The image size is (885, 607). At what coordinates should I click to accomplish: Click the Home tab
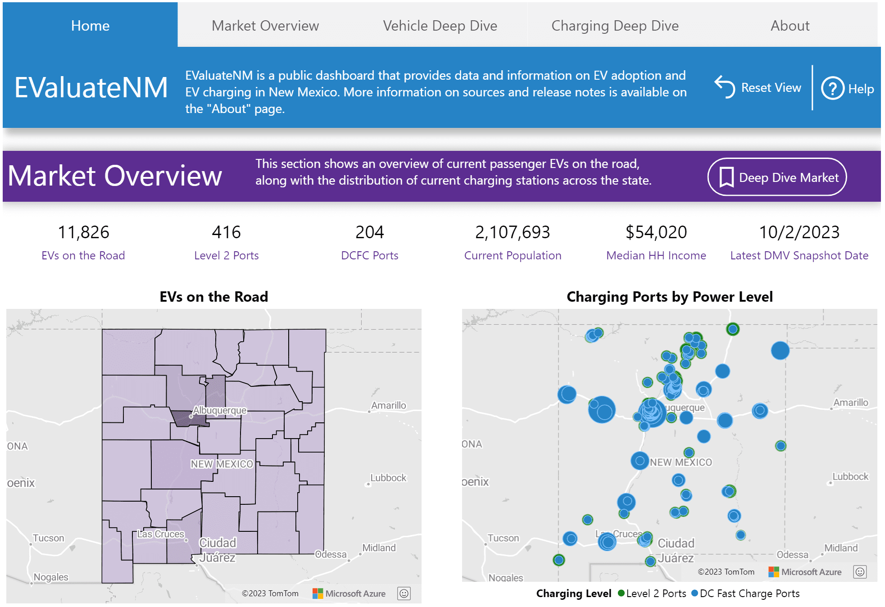(x=90, y=26)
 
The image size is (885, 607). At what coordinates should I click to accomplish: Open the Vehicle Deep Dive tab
(x=440, y=26)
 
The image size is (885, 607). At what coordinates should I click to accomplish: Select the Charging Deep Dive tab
(x=615, y=26)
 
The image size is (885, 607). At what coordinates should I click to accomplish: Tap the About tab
(x=790, y=26)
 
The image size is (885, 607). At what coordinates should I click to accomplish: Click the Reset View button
(x=758, y=87)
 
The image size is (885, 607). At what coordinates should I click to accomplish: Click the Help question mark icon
(x=832, y=88)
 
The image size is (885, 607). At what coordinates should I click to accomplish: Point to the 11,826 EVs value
(x=83, y=232)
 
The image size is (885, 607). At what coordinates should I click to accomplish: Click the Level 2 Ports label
(x=226, y=255)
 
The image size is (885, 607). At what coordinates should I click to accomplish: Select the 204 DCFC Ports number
(x=369, y=232)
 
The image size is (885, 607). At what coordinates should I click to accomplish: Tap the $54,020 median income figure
(x=656, y=232)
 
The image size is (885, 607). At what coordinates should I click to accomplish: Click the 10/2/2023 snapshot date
(x=799, y=232)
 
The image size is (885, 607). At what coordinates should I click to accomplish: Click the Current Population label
(x=513, y=255)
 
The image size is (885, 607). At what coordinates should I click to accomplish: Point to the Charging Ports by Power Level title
(x=669, y=297)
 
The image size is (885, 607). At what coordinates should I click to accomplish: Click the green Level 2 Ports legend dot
(x=621, y=593)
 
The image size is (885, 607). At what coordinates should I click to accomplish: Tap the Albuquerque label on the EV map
(x=220, y=410)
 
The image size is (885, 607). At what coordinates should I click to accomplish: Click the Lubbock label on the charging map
(x=850, y=476)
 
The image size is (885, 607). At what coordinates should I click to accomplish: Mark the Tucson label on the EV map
(x=49, y=538)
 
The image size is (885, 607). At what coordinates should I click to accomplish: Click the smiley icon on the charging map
(x=860, y=572)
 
